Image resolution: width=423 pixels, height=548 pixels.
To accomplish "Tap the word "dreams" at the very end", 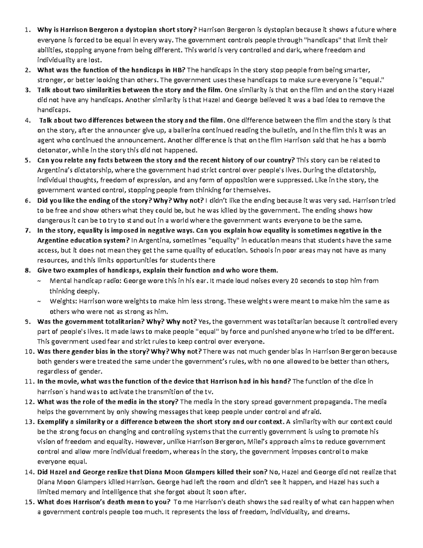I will click(x=337, y=512).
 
